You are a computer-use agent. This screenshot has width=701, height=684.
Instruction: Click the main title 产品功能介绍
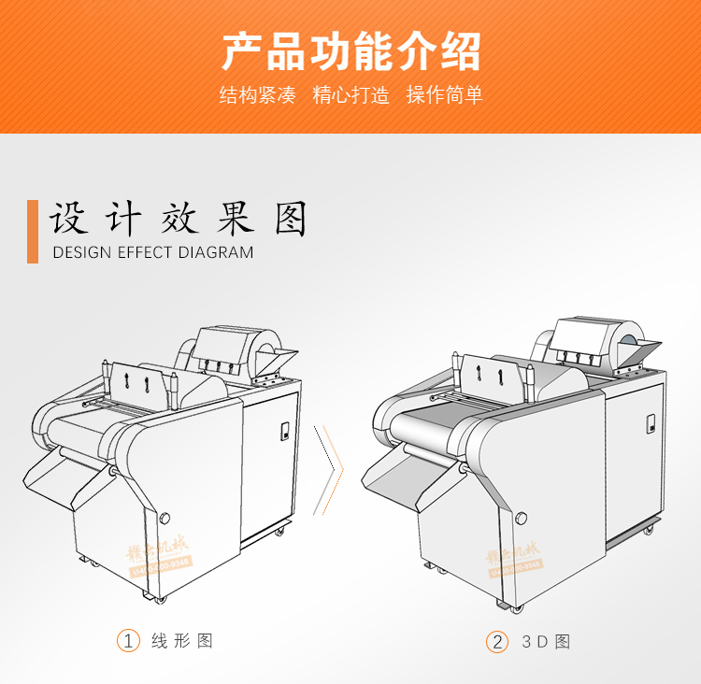coord(350,51)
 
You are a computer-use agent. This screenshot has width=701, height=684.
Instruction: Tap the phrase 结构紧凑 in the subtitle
coord(257,95)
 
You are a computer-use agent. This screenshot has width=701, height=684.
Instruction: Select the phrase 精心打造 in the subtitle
coord(350,95)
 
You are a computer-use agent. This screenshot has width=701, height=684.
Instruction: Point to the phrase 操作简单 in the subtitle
coord(444,95)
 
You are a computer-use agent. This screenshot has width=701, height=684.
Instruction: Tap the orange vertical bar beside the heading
coord(33,231)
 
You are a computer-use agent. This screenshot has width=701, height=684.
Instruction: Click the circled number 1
coord(127,641)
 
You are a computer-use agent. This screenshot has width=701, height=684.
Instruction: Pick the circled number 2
coord(497,642)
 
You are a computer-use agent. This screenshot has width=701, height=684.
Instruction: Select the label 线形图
coord(182,641)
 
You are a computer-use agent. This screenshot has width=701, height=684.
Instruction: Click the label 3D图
coord(546,642)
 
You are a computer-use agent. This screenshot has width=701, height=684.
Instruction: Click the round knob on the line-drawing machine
coord(165,517)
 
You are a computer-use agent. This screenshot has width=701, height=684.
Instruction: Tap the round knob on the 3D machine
coord(521,517)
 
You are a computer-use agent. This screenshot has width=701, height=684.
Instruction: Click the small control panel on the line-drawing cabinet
coord(284,432)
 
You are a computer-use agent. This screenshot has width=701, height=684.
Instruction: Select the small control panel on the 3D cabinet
coord(647,425)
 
